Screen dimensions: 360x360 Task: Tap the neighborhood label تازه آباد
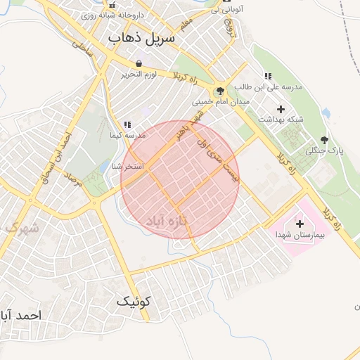[169, 221]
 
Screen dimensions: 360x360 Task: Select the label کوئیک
[134, 302]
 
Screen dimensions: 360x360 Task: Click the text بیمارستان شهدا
[300, 234]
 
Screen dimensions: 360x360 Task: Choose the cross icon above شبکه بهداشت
[281, 109]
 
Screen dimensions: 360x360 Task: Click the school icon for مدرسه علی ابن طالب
[268, 76]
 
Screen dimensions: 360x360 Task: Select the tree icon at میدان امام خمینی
[219, 91]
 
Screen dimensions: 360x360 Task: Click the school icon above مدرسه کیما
[127, 124]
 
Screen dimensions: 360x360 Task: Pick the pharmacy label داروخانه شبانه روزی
[119, 14]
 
